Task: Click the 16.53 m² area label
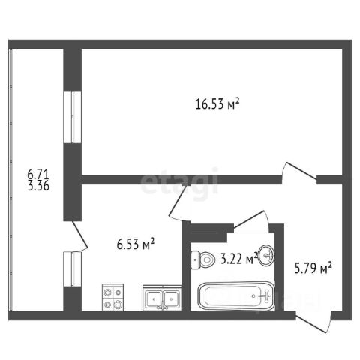point(217,103)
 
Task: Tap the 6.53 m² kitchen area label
point(136,244)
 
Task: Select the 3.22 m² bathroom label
point(239,258)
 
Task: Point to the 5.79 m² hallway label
point(313,268)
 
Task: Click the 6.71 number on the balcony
point(38,174)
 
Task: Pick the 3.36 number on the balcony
point(38,186)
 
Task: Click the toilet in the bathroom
point(203,259)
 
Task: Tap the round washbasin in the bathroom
point(266,255)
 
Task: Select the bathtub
point(236,296)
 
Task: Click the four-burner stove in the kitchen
point(112,297)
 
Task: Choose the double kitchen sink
point(162,298)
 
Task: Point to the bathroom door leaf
point(249,219)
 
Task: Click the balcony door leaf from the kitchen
point(80,235)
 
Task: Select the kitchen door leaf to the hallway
point(178,201)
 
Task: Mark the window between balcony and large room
point(73,117)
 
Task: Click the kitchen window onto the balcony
point(73,269)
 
